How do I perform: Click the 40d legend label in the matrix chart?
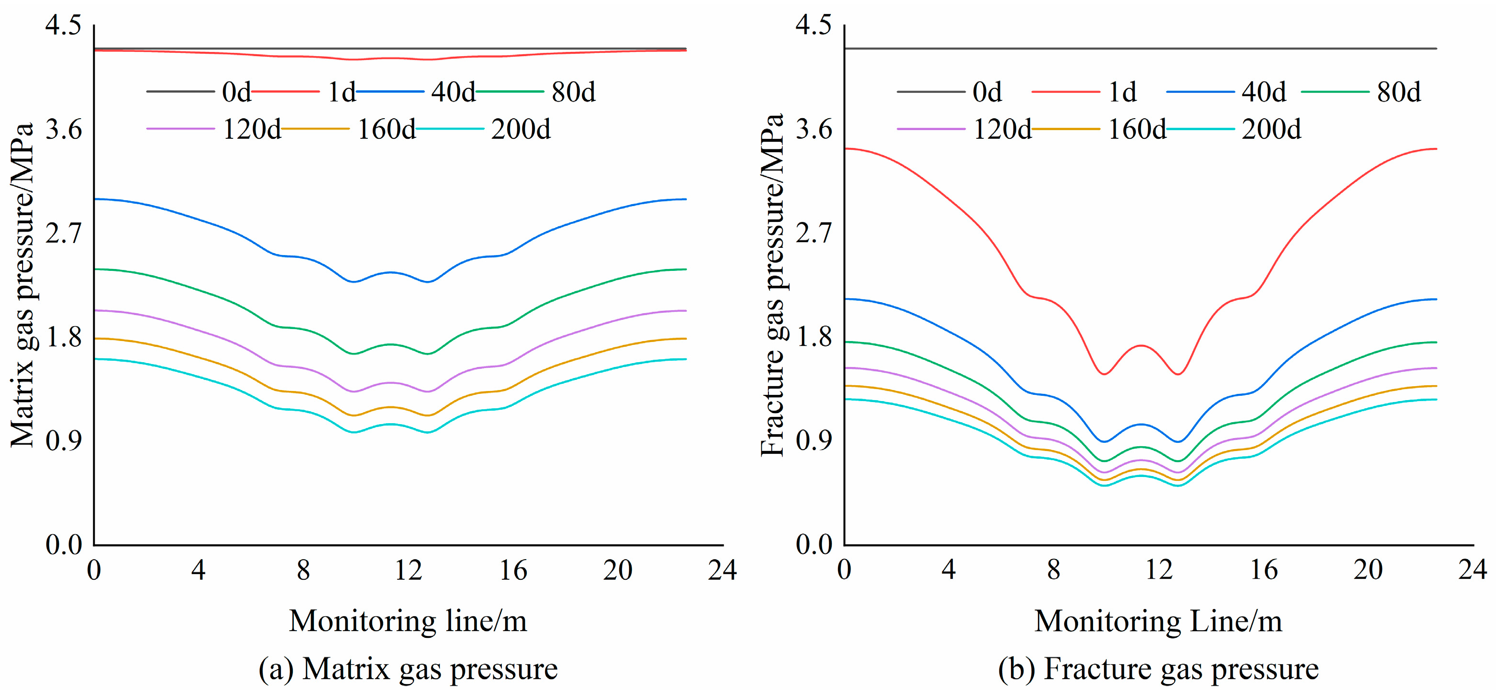(x=453, y=92)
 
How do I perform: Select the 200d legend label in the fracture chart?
(x=1271, y=129)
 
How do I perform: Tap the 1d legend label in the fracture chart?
(x=1122, y=92)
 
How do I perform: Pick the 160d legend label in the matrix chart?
(x=386, y=129)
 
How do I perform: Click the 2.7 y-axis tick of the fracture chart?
(x=814, y=233)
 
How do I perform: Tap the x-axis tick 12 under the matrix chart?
(x=408, y=571)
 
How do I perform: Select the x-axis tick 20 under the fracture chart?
(x=1368, y=571)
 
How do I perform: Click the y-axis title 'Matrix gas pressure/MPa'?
(x=22, y=285)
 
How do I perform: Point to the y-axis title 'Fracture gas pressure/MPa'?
(x=772, y=285)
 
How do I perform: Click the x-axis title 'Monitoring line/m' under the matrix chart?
(x=408, y=621)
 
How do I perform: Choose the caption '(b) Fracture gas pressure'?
(x=1158, y=669)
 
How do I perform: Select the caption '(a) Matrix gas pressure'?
(x=408, y=669)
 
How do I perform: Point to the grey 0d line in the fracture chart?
(x=1141, y=48)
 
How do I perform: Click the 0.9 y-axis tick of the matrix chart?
(x=63, y=441)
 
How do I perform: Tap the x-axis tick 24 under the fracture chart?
(x=1473, y=571)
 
